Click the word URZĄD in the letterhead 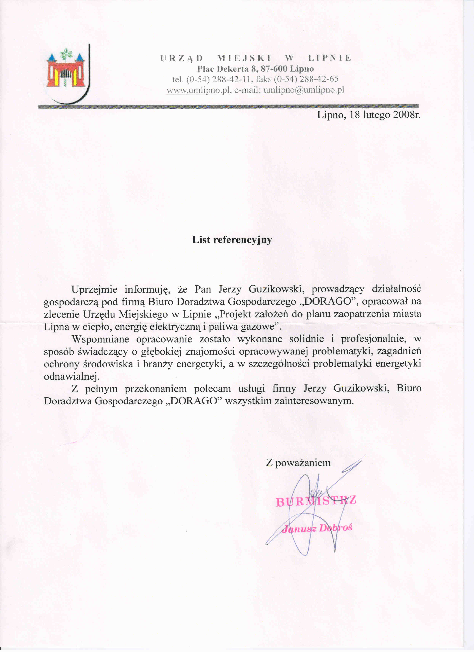(x=182, y=58)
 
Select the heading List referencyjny (x=232, y=240)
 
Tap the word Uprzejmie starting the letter (x=94, y=289)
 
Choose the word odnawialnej (x=72, y=376)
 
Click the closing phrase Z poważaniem (x=298, y=463)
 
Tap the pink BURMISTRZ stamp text (x=316, y=501)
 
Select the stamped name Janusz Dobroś (x=317, y=528)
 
